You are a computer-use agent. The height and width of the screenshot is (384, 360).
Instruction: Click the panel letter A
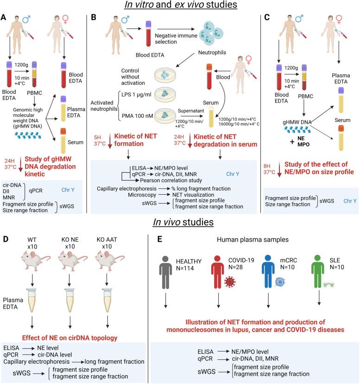pos(6,20)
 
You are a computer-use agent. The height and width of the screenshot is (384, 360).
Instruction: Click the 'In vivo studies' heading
pos(180,222)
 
